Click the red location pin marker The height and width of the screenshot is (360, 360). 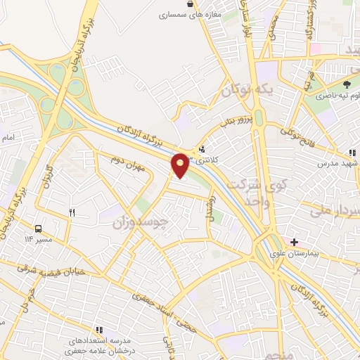(x=181, y=165)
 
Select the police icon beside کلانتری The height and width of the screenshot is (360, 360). (x=202, y=149)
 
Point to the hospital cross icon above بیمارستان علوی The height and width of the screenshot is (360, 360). (x=294, y=242)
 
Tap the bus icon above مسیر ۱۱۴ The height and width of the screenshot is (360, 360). (x=38, y=229)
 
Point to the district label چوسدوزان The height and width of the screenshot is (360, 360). (x=140, y=223)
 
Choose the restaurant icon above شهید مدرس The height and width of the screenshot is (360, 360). (x=353, y=152)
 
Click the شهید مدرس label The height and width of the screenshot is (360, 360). (x=338, y=162)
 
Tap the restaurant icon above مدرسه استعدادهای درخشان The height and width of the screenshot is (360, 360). (x=98, y=329)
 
